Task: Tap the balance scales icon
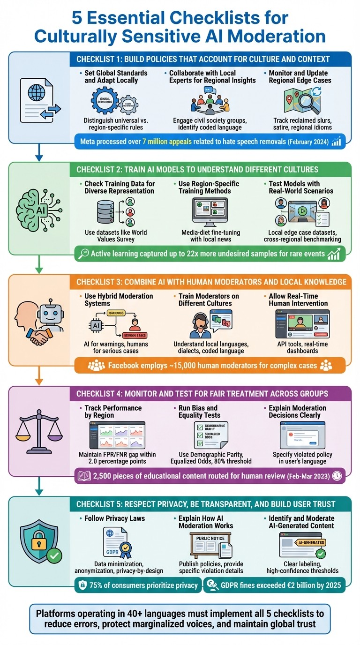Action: [x=39, y=427]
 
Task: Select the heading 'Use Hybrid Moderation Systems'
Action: [x=119, y=300]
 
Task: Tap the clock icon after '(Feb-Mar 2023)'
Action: [x=337, y=475]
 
